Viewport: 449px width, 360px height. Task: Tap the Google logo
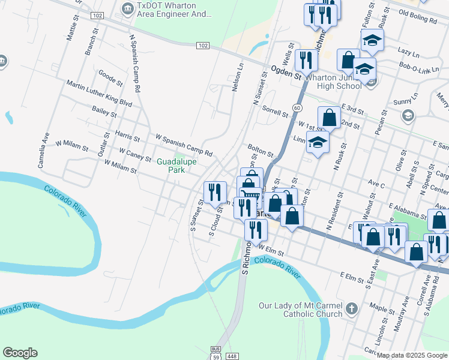pos(20,353)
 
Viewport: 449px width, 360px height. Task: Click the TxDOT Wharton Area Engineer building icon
pos(127,8)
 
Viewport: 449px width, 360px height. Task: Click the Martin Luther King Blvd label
pos(99,94)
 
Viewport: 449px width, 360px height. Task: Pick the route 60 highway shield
pos(297,107)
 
